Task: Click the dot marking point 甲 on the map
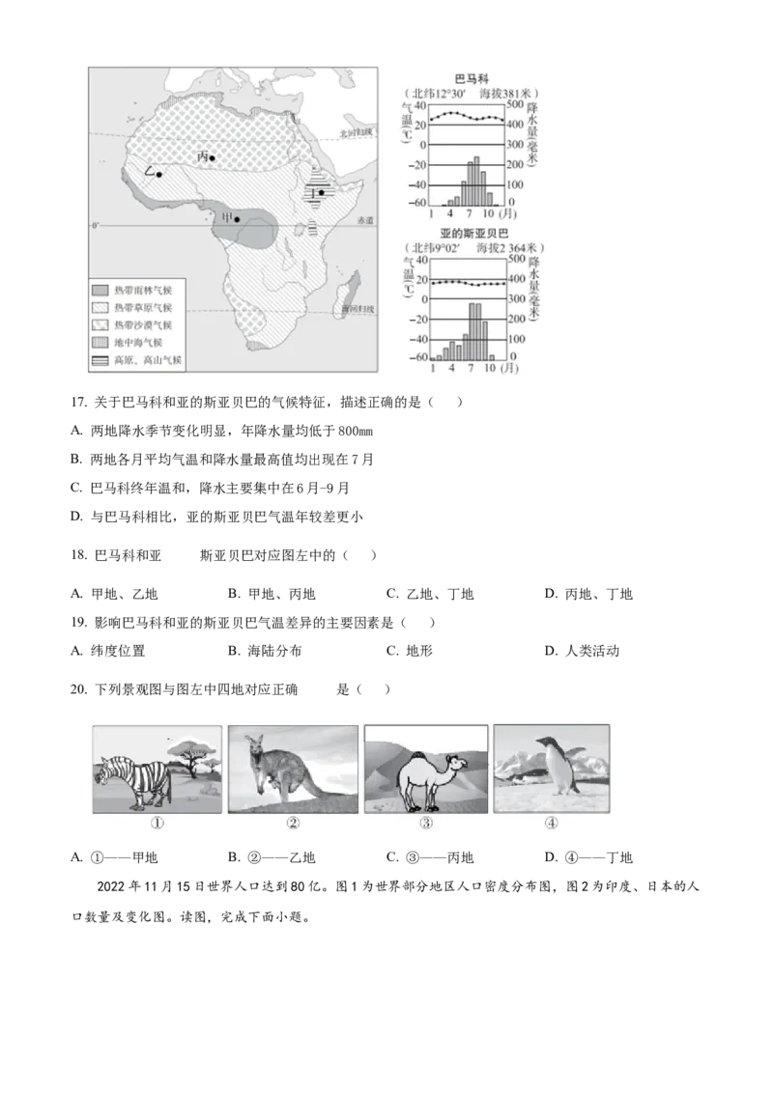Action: (237, 219)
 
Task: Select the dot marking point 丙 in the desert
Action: (213, 157)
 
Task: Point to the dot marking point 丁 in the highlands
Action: (321, 192)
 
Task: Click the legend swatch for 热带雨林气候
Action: (100, 291)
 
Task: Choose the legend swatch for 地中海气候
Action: (100, 343)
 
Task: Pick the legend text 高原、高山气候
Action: (148, 361)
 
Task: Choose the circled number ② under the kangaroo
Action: (293, 824)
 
